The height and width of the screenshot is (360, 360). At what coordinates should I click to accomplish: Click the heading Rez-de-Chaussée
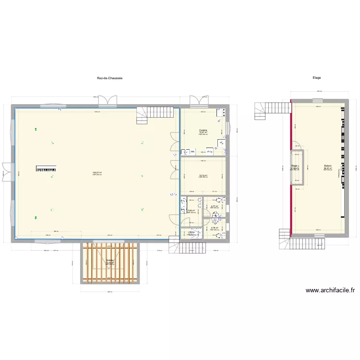(x=109, y=78)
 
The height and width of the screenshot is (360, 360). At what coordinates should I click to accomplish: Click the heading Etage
(x=316, y=78)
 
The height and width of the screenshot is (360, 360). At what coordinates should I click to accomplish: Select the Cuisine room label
(x=204, y=130)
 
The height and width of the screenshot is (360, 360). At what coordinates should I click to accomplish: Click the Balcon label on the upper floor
(x=328, y=166)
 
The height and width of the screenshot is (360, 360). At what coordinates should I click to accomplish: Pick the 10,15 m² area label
(x=203, y=175)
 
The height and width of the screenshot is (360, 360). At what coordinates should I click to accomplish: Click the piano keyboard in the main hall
(x=46, y=168)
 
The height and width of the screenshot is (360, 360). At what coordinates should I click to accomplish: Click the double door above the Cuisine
(x=196, y=101)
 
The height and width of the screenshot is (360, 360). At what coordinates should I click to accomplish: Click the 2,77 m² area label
(x=215, y=206)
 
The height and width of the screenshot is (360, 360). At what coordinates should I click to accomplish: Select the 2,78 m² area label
(x=215, y=228)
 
